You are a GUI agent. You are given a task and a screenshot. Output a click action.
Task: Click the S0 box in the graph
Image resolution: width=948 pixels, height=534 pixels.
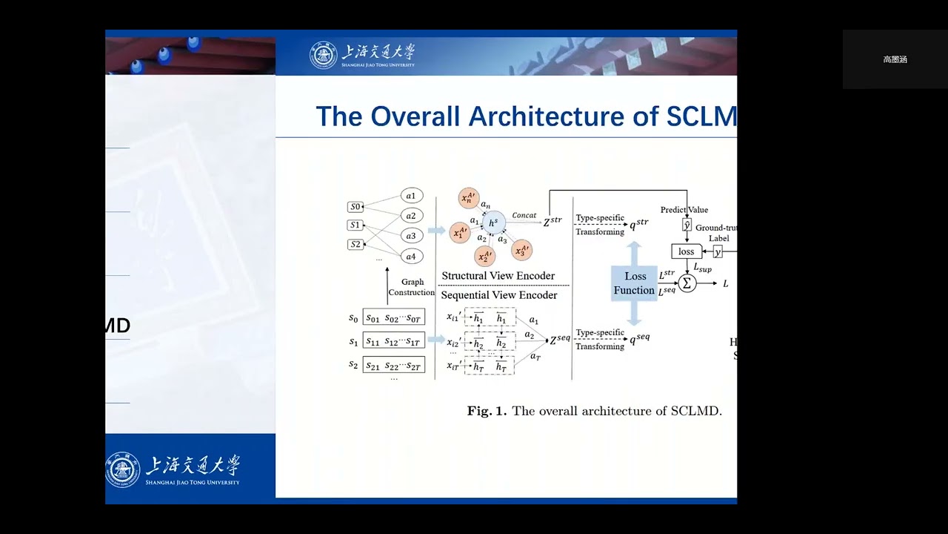[355, 207]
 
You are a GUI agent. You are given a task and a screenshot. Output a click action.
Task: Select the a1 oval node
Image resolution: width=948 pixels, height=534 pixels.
[411, 196]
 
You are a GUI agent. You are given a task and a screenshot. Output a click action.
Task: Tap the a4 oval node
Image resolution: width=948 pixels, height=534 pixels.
[411, 256]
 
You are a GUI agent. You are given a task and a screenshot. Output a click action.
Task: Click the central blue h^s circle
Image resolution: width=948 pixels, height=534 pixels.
[493, 222]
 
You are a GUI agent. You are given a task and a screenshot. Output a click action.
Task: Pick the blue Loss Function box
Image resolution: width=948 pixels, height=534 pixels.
[634, 283]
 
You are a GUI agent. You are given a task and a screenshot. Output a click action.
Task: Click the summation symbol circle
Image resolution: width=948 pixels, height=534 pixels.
[687, 283]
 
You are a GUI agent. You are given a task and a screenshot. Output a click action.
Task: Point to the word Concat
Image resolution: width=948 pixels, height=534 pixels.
[524, 216]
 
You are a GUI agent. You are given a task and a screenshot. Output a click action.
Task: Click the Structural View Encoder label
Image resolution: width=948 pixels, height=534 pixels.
[498, 276]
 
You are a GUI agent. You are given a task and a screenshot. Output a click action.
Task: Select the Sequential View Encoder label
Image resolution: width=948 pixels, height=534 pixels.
[498, 295]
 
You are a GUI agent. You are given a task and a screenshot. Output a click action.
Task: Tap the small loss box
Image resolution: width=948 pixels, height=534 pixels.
[687, 251]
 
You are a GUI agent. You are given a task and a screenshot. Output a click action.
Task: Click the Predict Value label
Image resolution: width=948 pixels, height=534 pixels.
[684, 210]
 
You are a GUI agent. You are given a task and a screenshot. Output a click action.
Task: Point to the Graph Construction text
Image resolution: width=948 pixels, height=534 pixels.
[412, 287]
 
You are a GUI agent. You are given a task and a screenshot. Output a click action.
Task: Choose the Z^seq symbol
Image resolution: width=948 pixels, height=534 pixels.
[559, 340]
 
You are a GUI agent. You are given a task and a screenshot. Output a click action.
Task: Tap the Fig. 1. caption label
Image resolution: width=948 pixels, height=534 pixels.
[487, 411]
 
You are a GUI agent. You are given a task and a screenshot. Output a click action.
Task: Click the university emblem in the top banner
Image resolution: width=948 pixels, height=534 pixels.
[323, 56]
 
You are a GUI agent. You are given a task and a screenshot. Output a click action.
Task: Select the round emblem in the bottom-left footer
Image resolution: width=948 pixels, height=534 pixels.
[122, 469]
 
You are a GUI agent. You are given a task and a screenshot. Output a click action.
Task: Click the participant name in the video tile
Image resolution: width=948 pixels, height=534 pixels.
[895, 59]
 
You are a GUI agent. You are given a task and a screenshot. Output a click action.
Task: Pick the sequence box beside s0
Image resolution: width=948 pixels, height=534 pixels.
[393, 317]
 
